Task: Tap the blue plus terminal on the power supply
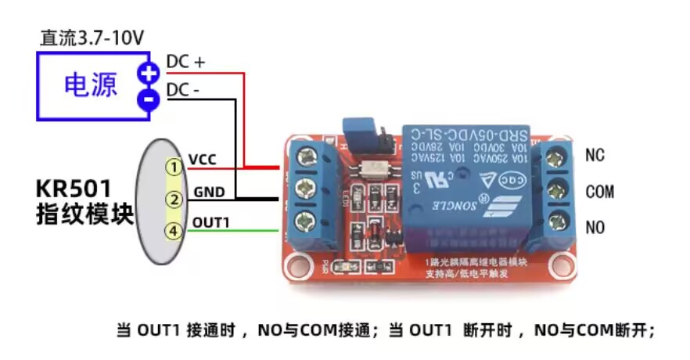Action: click(x=148, y=74)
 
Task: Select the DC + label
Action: click(x=185, y=63)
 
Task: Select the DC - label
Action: click(x=183, y=91)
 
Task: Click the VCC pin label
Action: click(x=203, y=160)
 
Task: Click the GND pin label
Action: click(x=209, y=191)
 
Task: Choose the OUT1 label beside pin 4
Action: click(x=210, y=223)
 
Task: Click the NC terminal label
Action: click(x=595, y=156)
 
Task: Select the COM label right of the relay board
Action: click(x=599, y=192)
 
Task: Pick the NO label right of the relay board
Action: click(x=595, y=228)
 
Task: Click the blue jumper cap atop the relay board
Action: click(x=356, y=129)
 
